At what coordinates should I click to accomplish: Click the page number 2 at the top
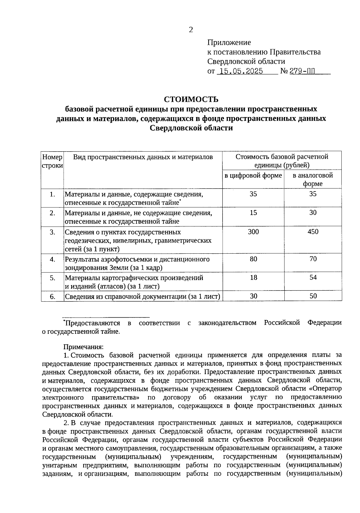coord(191,30)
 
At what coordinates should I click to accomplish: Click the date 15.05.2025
coord(241,71)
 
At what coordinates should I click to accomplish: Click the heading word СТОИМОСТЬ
coord(191,99)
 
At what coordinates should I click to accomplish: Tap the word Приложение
coord(229,42)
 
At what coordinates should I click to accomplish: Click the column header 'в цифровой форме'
coord(253,175)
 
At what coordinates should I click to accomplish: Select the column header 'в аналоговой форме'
coord(313,179)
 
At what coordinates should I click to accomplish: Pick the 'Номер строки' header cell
coord(52,161)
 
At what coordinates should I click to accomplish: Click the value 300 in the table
coord(253,232)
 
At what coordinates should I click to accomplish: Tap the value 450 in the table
coord(313,232)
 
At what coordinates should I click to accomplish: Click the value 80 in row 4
coord(253,259)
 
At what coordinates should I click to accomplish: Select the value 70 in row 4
coord(313,259)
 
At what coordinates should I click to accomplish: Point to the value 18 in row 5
coord(253,277)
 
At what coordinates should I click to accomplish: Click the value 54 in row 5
coord(313,277)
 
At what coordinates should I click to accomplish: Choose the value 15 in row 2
coord(253,213)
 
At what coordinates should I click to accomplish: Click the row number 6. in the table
coord(52,297)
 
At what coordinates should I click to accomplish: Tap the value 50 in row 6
coord(313,296)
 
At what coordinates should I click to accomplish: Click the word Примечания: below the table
coord(83,347)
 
